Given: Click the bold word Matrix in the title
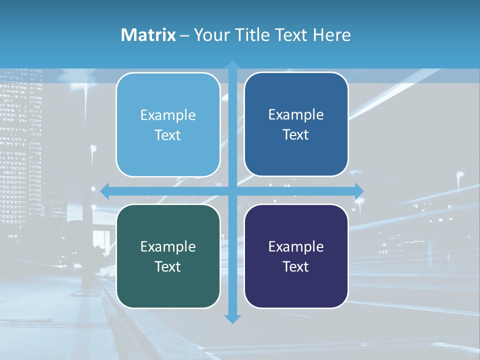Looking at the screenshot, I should [148, 35].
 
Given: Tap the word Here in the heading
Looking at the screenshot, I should [331, 35].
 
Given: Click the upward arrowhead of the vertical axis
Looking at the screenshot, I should [232, 65].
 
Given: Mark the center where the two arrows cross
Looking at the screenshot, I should [232, 190].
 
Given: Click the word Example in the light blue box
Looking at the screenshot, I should [168, 115].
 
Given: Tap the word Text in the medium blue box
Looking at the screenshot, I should [296, 134].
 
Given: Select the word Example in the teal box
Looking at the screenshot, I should [168, 246].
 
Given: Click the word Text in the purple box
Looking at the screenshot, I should [296, 266].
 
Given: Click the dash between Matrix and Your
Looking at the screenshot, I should [184, 35].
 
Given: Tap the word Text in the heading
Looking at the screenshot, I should [290, 35].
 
